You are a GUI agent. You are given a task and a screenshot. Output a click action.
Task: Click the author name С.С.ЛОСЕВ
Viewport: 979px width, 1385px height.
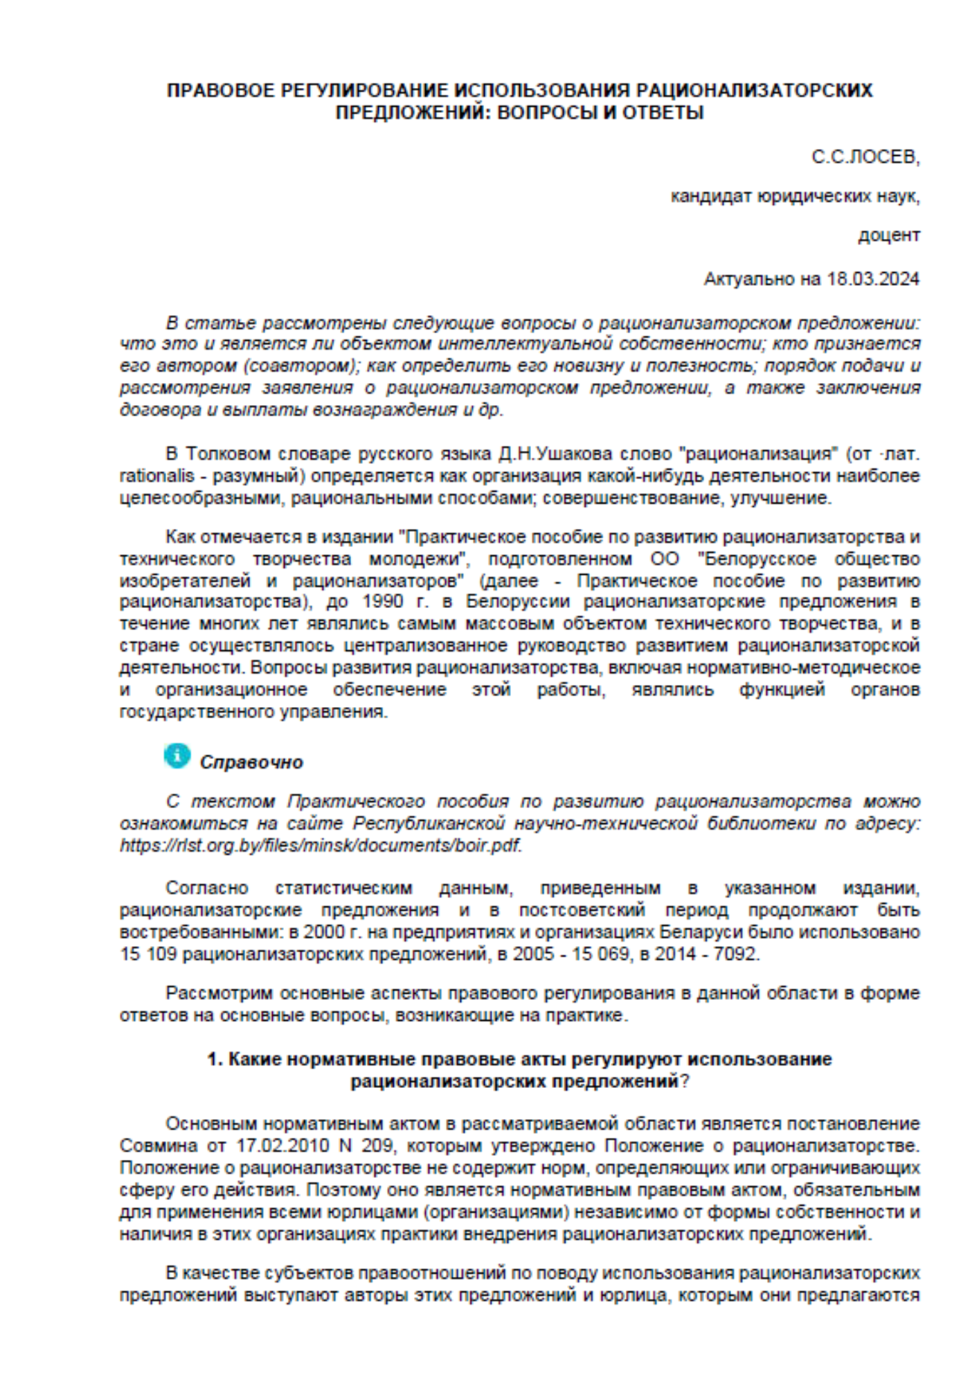(x=865, y=157)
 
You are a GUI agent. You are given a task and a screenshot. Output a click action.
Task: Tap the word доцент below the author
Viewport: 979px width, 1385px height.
(x=889, y=235)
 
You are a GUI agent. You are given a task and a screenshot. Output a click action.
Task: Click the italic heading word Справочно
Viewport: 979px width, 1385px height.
(x=251, y=762)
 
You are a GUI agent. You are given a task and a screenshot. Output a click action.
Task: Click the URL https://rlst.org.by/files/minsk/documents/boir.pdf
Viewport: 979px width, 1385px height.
(x=321, y=846)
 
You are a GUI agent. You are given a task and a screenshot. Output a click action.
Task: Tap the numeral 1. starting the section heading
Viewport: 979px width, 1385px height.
(x=215, y=1060)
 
